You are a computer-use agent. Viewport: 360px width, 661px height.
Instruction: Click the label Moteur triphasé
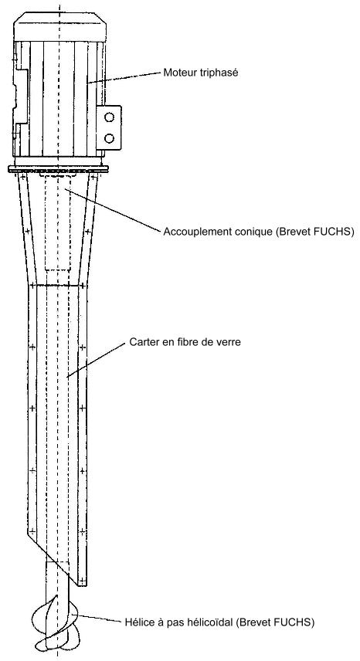pos(201,73)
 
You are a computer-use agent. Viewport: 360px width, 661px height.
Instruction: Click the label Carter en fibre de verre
pos(185,342)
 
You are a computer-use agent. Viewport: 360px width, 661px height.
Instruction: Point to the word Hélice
pos(138,622)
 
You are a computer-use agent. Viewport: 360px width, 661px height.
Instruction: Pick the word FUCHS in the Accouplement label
pos(338,232)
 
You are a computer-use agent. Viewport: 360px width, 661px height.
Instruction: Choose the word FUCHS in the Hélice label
pos(297,622)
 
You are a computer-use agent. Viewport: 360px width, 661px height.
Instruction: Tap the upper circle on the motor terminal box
pos(109,117)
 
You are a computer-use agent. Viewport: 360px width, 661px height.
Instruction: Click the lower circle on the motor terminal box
pos(109,138)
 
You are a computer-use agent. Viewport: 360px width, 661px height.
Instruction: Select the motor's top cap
pos(59,26)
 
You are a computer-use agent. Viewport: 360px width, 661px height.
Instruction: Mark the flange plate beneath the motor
pos(58,168)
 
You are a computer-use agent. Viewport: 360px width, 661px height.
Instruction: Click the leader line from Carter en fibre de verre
pos(97,359)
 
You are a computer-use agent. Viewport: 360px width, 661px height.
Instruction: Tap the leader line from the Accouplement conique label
pos(113,210)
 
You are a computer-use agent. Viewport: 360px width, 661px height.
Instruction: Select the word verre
pos(229,342)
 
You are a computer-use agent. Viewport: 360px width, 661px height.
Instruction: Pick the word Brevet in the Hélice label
pos(264,622)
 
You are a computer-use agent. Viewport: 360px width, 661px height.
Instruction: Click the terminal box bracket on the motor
pos(109,127)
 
